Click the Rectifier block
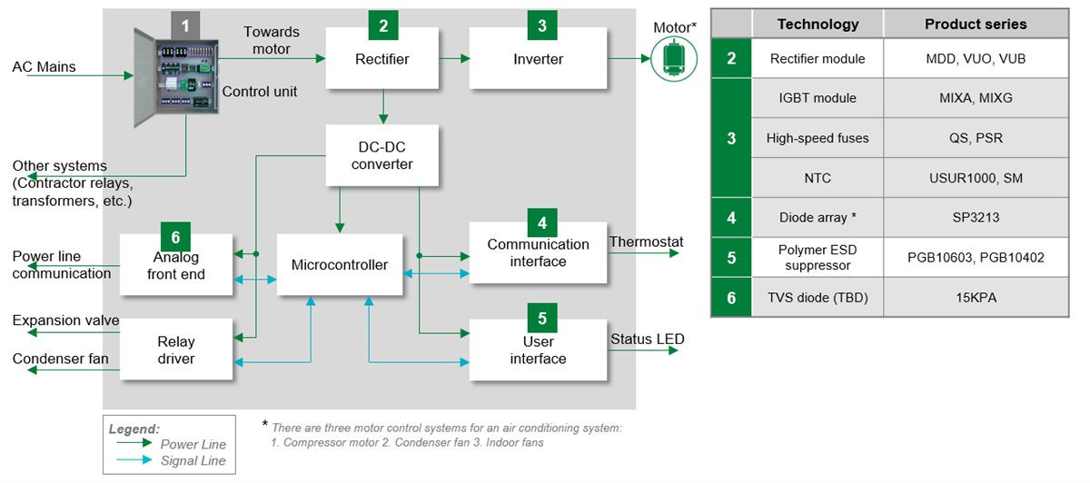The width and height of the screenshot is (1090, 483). [x=382, y=60]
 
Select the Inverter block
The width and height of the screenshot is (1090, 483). [x=538, y=60]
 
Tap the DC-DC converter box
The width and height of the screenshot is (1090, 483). [x=382, y=155]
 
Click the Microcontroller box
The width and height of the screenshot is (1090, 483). [x=339, y=265]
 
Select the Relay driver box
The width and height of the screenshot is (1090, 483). [x=176, y=350]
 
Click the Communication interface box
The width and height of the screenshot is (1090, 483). [x=538, y=253]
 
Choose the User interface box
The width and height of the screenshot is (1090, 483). [x=538, y=350]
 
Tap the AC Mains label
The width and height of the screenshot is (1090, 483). [x=44, y=67]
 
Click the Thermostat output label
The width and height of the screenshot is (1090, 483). [x=646, y=241]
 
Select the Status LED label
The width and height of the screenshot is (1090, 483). [x=647, y=339]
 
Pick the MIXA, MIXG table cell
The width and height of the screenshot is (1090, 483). [x=976, y=98]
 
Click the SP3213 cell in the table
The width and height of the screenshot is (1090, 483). [x=976, y=218]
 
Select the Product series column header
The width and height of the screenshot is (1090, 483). [x=976, y=24]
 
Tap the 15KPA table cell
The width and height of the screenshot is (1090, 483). [x=976, y=297]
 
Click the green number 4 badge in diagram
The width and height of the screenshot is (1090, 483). [x=542, y=222]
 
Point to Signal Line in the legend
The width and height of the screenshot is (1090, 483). [x=193, y=460]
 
